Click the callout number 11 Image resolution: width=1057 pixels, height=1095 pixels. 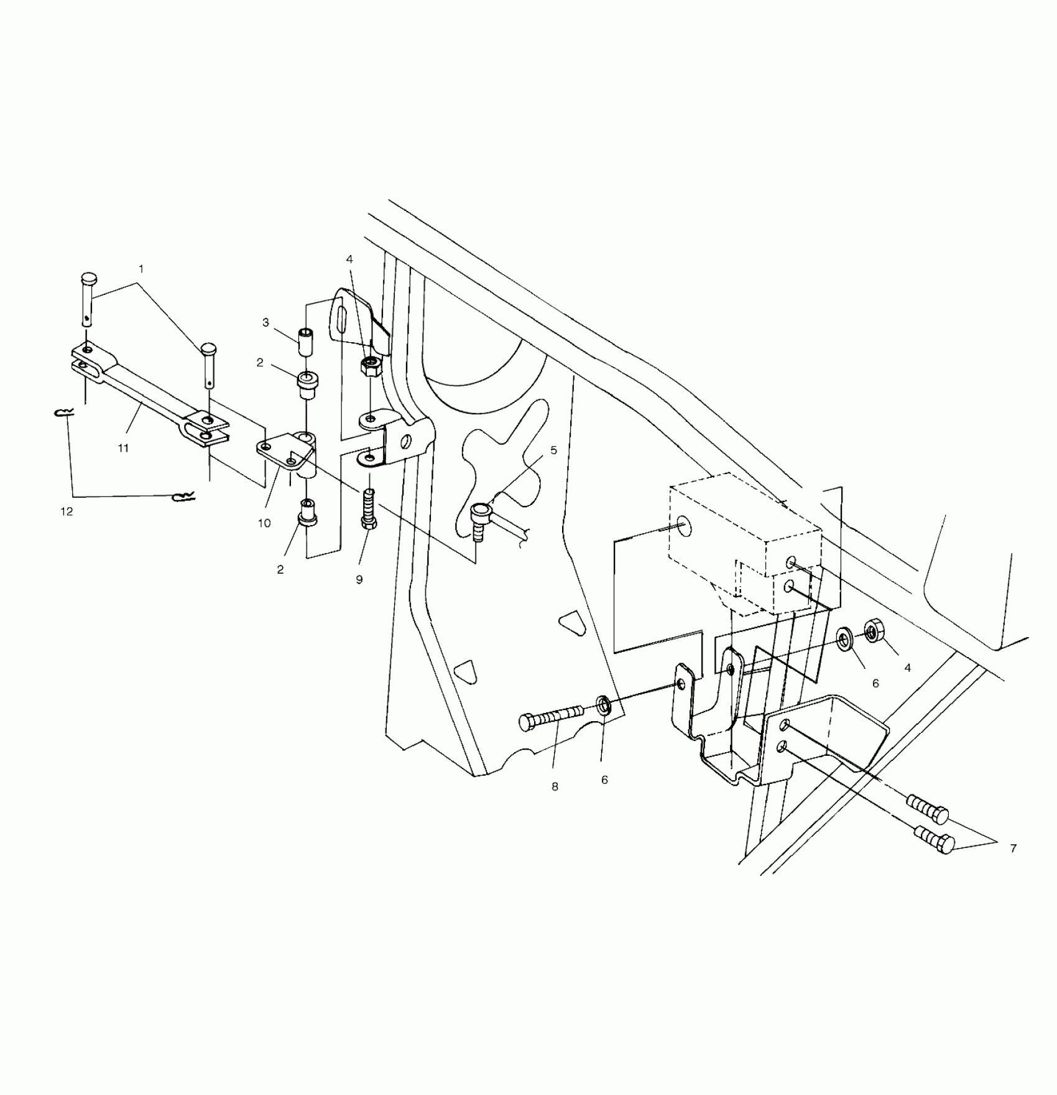(x=123, y=448)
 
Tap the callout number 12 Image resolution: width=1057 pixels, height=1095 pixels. (x=67, y=511)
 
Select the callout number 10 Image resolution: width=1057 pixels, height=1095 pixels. (x=264, y=523)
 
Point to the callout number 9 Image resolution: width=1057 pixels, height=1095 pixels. (x=359, y=579)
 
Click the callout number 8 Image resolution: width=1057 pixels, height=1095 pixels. (x=555, y=787)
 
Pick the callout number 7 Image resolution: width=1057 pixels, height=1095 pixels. (x=1013, y=848)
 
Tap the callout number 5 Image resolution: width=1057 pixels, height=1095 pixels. (x=553, y=450)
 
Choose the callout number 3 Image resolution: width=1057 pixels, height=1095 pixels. (x=265, y=322)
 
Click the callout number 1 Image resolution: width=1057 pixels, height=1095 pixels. (x=141, y=269)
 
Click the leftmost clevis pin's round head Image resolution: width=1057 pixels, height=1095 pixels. (x=90, y=277)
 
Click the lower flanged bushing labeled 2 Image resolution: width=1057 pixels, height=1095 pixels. (x=307, y=511)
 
